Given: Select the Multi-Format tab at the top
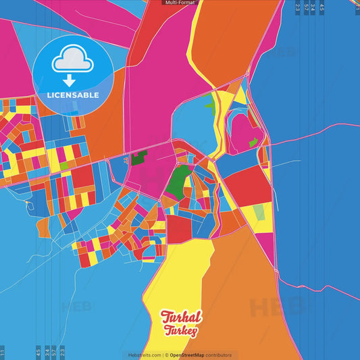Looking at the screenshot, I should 180,3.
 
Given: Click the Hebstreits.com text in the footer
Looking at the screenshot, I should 145,355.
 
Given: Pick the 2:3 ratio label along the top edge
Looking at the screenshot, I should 298,7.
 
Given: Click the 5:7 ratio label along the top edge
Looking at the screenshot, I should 306,7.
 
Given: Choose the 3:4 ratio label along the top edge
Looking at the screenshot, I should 313,7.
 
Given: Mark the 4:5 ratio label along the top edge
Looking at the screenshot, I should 322,7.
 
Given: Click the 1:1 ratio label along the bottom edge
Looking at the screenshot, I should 3,353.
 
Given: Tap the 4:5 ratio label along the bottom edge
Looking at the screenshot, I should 38,353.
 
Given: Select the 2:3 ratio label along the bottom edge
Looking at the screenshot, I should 62,353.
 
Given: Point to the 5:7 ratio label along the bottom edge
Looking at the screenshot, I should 54,353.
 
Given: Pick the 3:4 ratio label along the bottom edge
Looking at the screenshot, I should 47,353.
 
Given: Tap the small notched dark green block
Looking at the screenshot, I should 138,160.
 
